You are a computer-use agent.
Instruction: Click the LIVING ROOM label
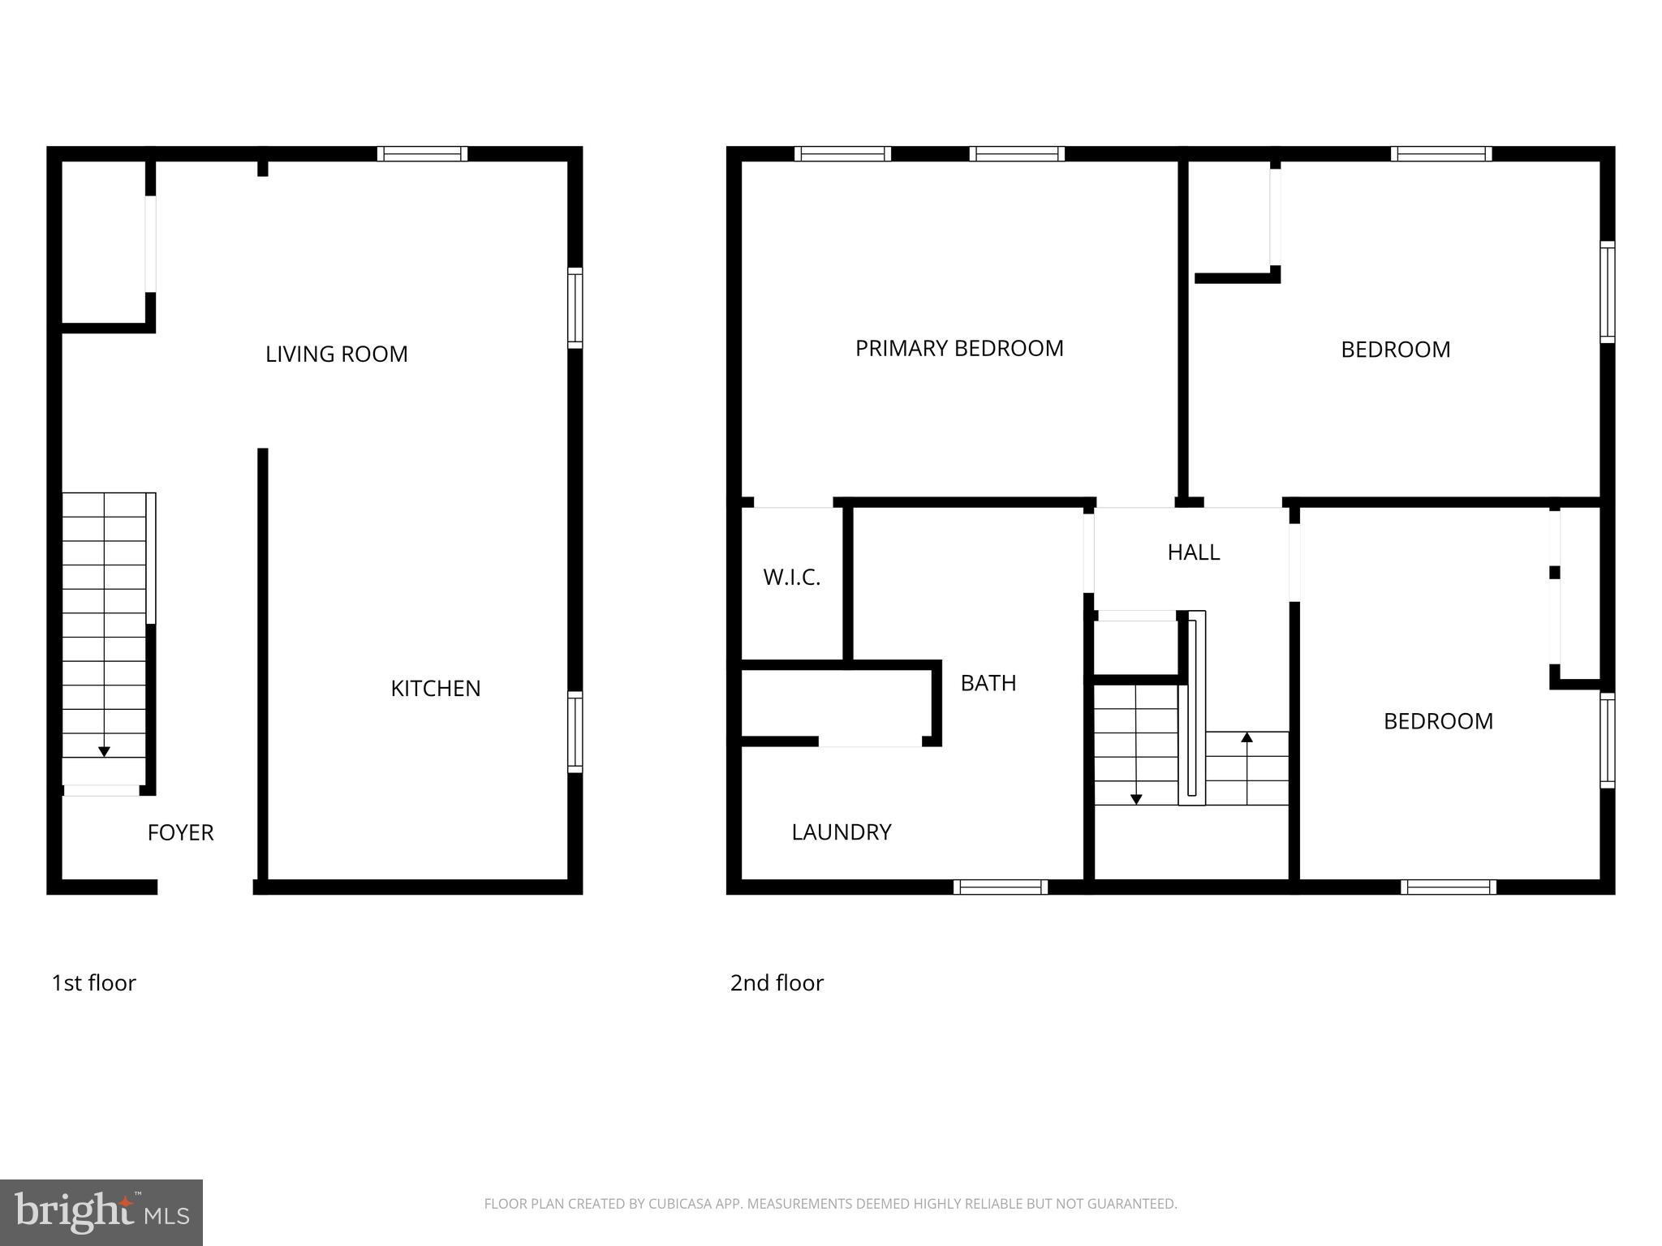coord(336,354)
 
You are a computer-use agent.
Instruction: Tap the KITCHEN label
coord(435,689)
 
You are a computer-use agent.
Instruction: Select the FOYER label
coord(180,833)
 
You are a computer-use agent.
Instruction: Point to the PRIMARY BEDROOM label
coord(958,349)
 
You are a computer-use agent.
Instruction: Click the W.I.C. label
coord(791,578)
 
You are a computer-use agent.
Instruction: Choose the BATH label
coord(988,684)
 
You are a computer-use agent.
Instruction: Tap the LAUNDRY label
coord(841,832)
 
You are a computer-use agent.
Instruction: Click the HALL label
coord(1193,552)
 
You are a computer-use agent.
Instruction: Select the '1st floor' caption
coord(93,983)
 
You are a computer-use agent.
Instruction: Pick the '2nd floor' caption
coord(777,983)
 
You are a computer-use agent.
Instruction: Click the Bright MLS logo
coord(101,1213)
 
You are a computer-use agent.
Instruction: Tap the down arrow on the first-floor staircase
coord(104,751)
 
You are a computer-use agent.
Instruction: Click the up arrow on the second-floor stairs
coord(1246,737)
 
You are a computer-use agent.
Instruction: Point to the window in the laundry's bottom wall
coord(1000,887)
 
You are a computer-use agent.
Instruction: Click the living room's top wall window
coord(422,154)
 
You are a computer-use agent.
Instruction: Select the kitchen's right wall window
coord(575,731)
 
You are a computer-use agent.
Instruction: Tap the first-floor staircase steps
coord(104,625)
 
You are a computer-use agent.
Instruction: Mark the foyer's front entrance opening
coord(205,887)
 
